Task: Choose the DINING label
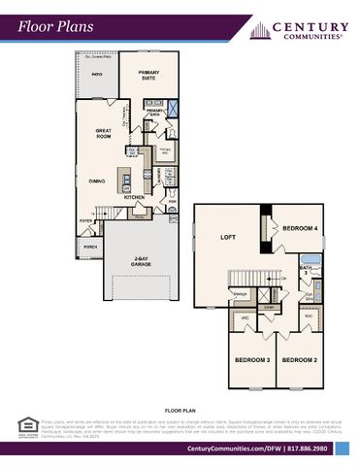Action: pos(97,181)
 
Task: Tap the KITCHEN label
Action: pos(134,197)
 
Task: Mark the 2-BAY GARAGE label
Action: pos(141,261)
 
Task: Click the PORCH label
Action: pos(90,247)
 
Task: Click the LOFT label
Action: pos(227,237)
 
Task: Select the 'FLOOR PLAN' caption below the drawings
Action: pos(180,412)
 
